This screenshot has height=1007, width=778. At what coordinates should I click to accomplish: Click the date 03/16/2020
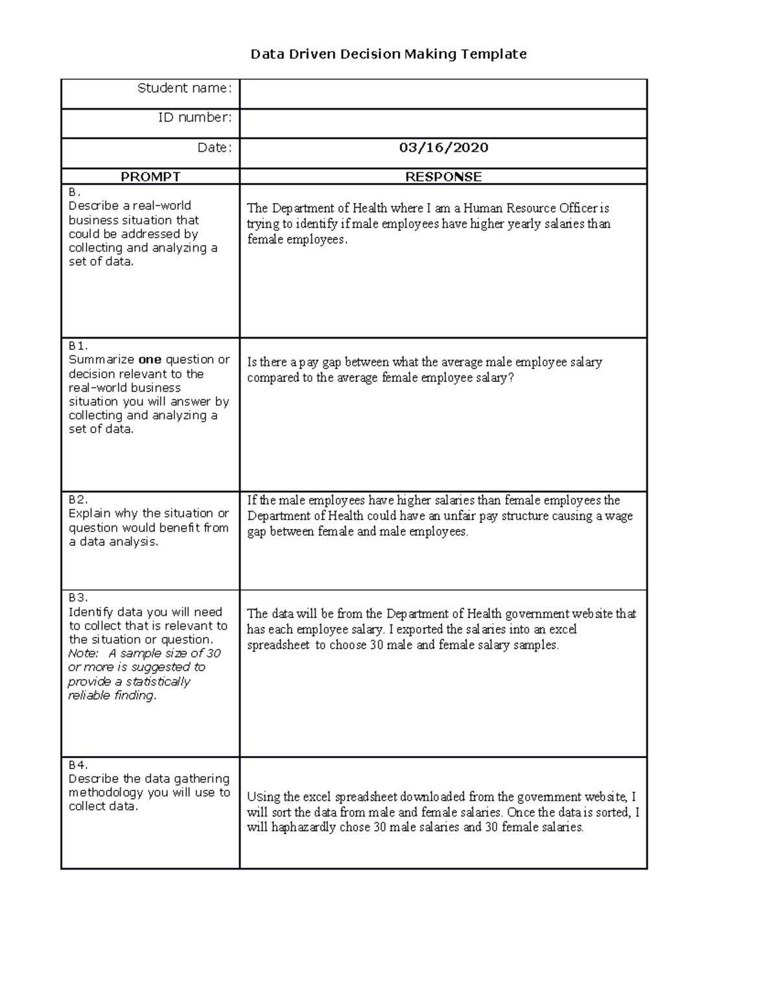tap(443, 148)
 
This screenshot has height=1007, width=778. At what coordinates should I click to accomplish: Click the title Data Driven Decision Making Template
tap(388, 54)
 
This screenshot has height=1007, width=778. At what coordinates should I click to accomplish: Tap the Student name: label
tap(184, 88)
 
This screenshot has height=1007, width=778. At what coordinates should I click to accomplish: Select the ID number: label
tap(194, 117)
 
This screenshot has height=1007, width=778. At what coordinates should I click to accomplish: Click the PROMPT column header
tap(150, 176)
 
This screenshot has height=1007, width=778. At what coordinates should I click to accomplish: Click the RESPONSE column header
tap(443, 176)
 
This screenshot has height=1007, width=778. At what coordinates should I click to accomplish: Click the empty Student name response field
tap(443, 94)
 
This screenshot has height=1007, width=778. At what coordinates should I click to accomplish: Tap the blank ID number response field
tap(443, 123)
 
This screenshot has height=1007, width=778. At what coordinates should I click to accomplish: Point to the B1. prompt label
tap(78, 346)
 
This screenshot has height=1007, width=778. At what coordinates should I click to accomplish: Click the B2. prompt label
tap(78, 499)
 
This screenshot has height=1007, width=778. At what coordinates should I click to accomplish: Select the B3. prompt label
tap(78, 598)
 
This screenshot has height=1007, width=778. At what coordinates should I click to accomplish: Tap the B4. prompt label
tap(78, 764)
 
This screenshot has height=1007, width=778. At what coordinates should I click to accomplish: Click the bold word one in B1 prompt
tap(150, 360)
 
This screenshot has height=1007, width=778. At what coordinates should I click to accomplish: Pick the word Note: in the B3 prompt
tap(83, 654)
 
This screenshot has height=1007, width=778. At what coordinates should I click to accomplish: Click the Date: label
tap(215, 148)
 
